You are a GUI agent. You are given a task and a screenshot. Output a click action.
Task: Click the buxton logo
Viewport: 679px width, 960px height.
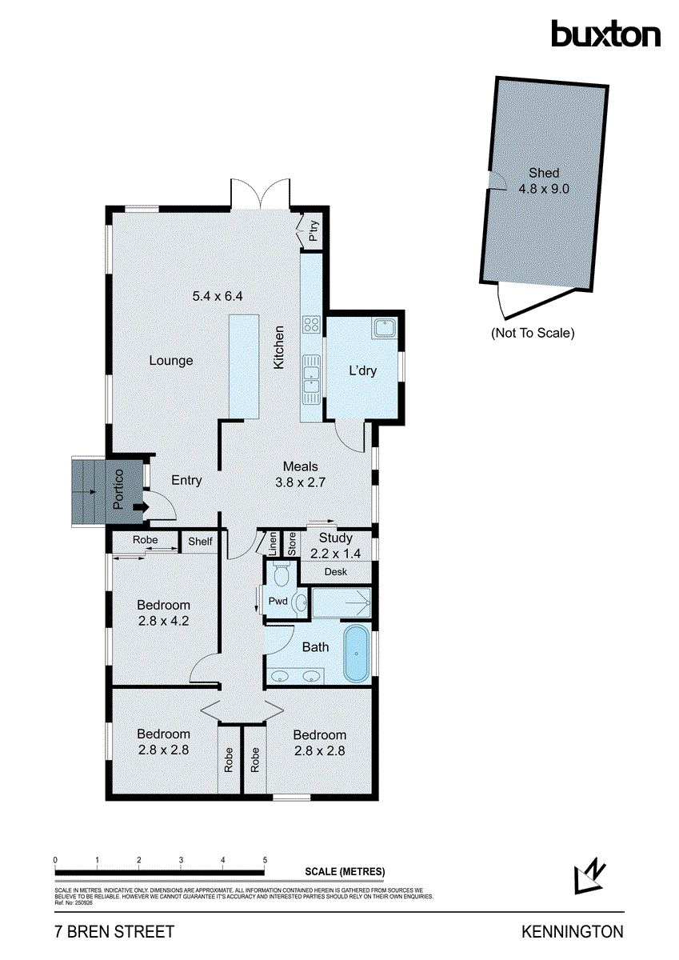pyautogui.click(x=605, y=34)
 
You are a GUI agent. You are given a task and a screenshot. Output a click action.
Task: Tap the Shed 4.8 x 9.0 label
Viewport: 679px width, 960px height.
pyautogui.click(x=543, y=181)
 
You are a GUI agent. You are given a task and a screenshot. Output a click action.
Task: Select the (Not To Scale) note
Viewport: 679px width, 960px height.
pyautogui.click(x=533, y=333)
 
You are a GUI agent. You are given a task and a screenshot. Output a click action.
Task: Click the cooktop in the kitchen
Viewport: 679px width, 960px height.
pyautogui.click(x=310, y=325)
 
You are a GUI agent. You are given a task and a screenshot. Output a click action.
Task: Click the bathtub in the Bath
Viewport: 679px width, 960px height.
pyautogui.click(x=356, y=652)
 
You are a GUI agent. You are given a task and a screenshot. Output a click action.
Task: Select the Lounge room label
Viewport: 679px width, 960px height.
pyautogui.click(x=171, y=361)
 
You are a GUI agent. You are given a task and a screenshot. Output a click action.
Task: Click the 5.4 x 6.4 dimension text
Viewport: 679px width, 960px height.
pyautogui.click(x=218, y=296)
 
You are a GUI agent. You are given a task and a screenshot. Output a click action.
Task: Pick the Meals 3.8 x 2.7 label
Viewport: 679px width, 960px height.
pyautogui.click(x=301, y=474)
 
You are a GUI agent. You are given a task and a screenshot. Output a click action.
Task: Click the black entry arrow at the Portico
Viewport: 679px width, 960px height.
pyautogui.click(x=142, y=506)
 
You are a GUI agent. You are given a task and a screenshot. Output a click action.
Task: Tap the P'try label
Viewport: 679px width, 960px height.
pyautogui.click(x=314, y=232)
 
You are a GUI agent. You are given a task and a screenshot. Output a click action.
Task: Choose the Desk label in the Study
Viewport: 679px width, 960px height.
pyautogui.click(x=335, y=572)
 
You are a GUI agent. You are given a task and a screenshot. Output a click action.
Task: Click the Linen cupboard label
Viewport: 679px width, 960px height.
pyautogui.click(x=273, y=544)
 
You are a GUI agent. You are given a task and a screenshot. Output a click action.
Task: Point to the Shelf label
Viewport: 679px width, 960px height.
pyautogui.click(x=200, y=542)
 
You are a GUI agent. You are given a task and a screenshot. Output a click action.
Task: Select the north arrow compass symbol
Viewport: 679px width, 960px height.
pyautogui.click(x=589, y=876)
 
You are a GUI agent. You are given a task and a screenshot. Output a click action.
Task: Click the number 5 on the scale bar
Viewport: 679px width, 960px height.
pyautogui.click(x=265, y=860)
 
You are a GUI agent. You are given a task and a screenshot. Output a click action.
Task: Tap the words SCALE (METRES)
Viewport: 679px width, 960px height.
pyautogui.click(x=345, y=872)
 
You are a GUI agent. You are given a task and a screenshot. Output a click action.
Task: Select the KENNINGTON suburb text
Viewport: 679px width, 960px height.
pyautogui.click(x=572, y=932)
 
